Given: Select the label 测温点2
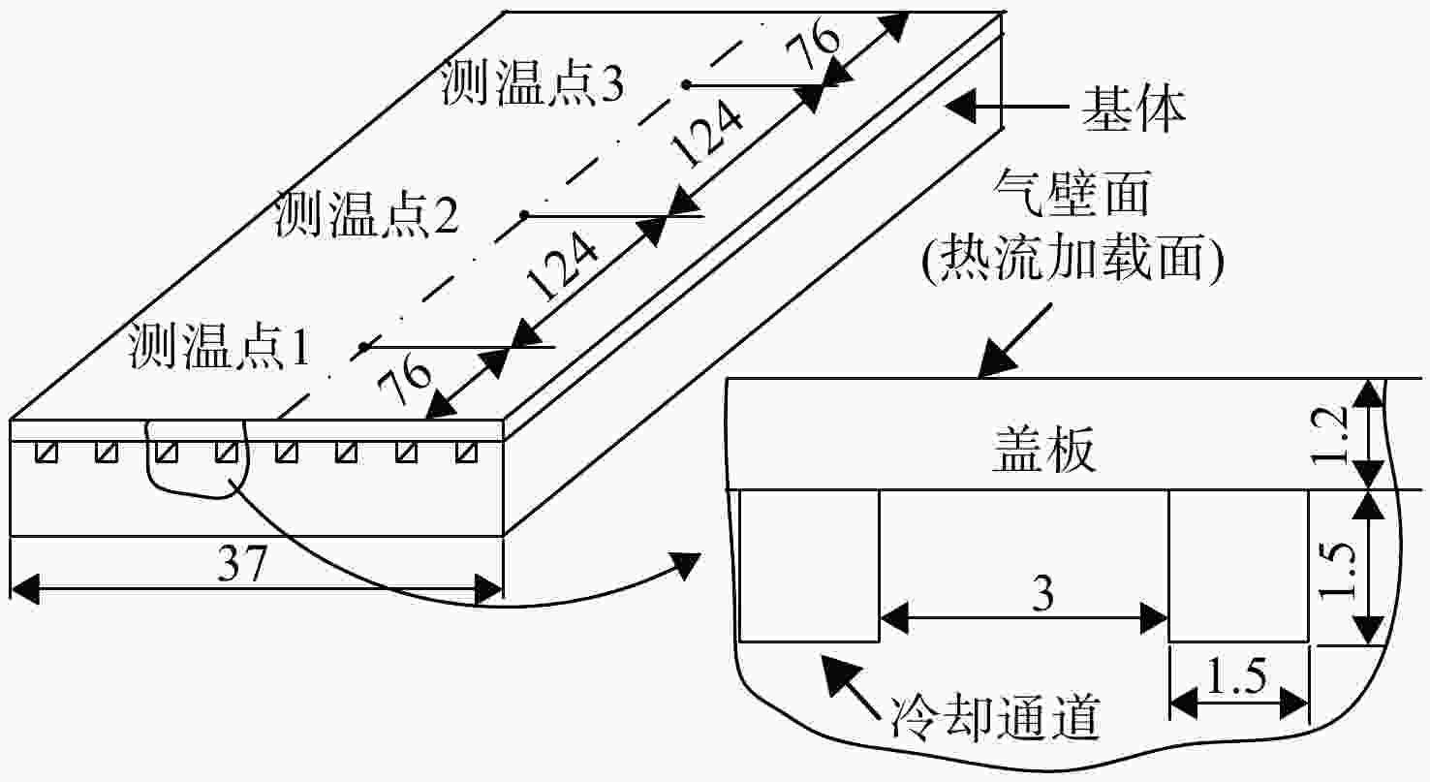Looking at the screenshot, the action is (366, 215).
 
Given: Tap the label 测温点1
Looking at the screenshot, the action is (220, 347).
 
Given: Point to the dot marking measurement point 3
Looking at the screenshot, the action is (686, 84).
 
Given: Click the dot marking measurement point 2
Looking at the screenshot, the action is (524, 216).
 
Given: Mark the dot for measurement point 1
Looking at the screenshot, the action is (364, 347).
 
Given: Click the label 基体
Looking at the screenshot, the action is (1133, 109).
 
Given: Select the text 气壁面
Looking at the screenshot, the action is (1072, 192).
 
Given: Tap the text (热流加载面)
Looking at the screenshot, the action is (1072, 260).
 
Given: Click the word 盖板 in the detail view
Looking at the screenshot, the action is (1043, 449).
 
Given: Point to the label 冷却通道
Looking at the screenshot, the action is (996, 717).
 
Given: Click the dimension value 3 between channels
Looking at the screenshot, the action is (1043, 594).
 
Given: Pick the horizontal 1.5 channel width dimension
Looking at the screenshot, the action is (1236, 676).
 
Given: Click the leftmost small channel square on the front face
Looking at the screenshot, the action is (46, 452).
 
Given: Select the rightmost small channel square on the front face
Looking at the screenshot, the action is (467, 452).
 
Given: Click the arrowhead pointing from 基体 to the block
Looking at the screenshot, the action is (960, 106).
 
